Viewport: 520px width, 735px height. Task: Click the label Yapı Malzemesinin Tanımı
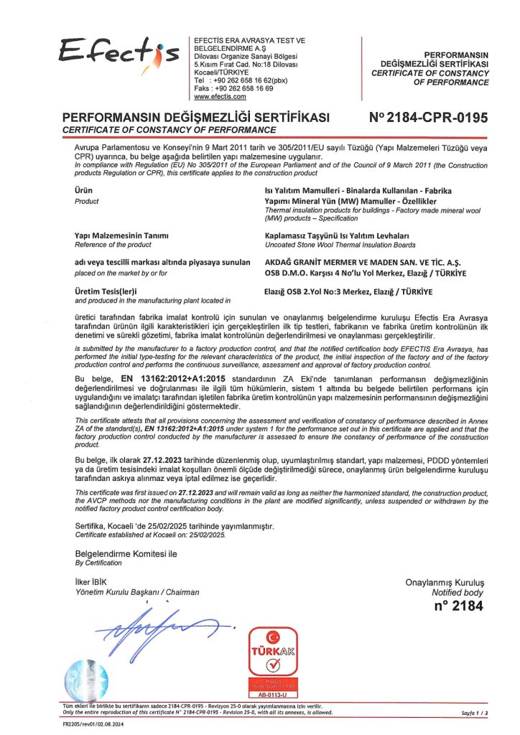(x=121, y=235)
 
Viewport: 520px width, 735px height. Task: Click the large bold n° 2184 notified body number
(x=458, y=606)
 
